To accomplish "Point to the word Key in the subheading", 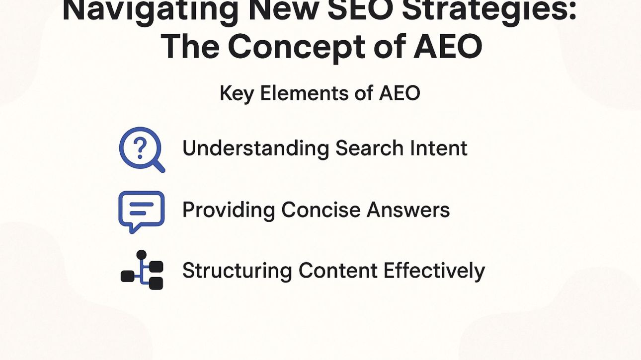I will pos(237,93).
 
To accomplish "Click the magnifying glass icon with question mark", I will pos(142,149).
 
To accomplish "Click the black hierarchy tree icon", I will pos(142,270).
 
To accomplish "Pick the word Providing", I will pos(228,210).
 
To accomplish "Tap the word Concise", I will pos(320,210).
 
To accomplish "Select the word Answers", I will pos(408,210).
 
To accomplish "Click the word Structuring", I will pos(237,271).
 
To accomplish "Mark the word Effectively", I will pos(434,271).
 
